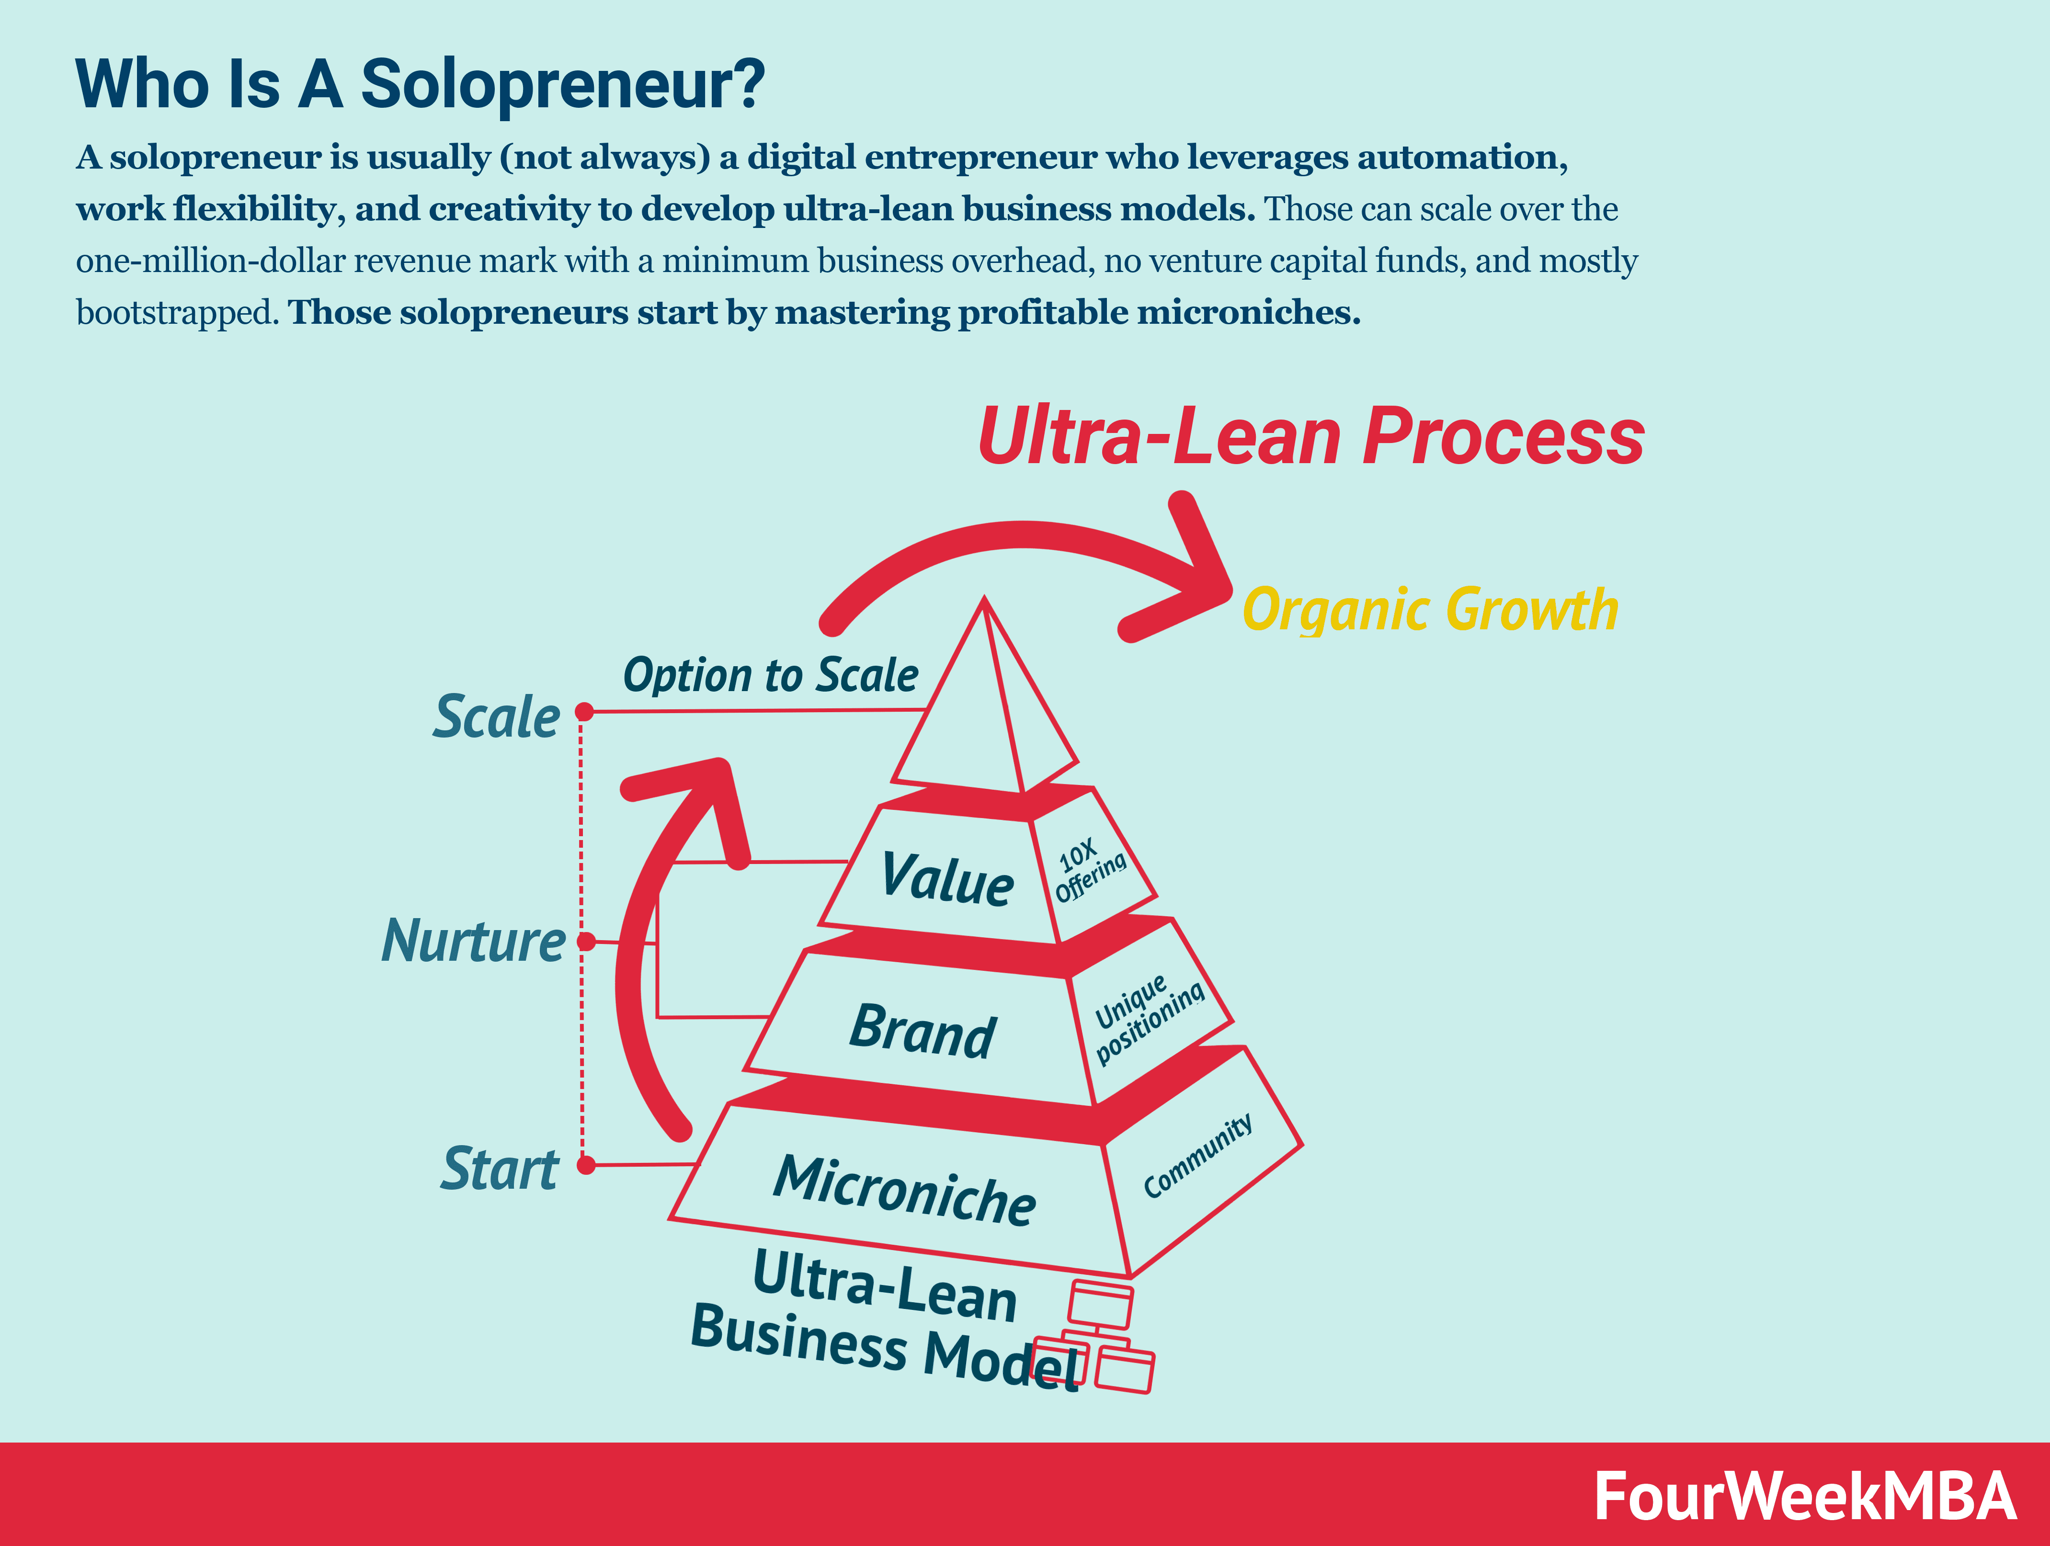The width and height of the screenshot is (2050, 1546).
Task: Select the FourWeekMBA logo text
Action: point(1803,1496)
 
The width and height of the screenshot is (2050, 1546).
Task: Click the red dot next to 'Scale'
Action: point(584,712)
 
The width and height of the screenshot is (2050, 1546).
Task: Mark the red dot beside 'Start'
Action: point(586,1165)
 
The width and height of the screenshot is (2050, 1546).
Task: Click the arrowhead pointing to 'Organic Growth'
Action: point(1196,580)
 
